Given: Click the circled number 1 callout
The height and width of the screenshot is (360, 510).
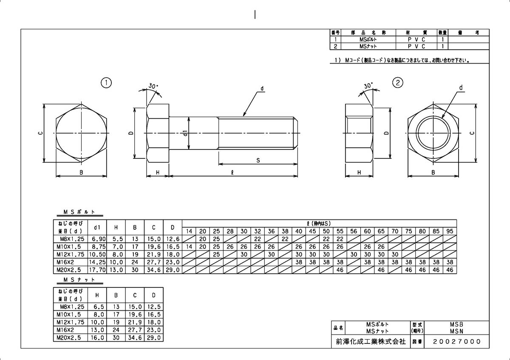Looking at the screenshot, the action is point(106,82).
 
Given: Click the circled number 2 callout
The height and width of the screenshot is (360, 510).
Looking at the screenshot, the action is point(397,82).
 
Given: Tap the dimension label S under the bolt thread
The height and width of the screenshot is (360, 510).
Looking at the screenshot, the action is point(258,160).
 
